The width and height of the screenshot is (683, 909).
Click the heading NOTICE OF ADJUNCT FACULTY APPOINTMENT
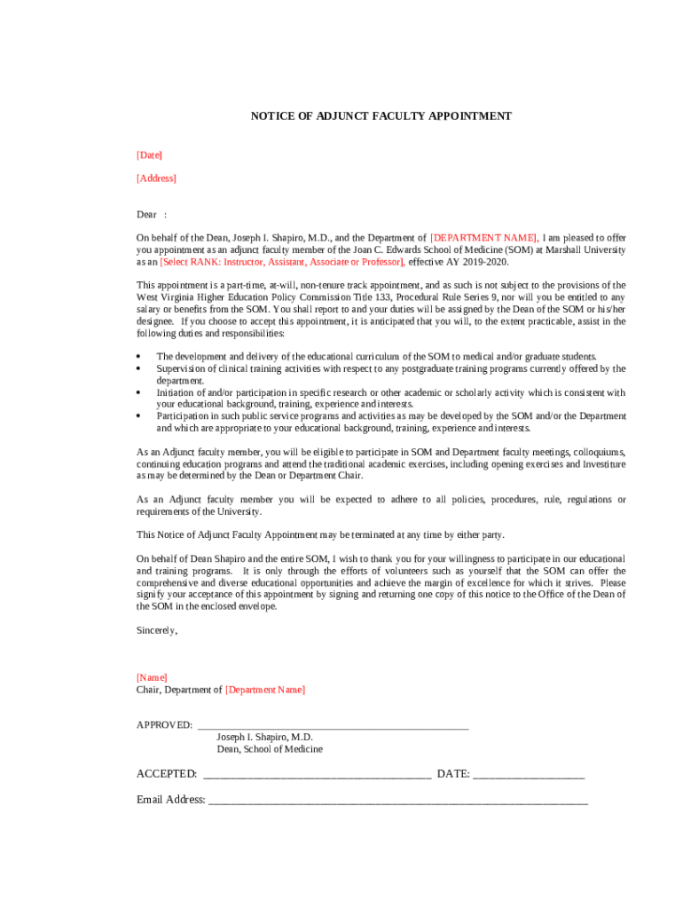coord(381,116)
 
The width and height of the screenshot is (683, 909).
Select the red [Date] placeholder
coord(149,155)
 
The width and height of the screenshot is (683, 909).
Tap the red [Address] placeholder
coord(156,178)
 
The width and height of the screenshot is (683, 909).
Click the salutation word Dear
coord(146,215)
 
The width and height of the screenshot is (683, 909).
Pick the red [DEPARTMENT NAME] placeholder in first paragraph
coord(483,238)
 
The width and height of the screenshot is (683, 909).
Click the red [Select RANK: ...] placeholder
coord(282,262)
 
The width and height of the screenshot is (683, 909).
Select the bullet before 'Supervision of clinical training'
coord(139,368)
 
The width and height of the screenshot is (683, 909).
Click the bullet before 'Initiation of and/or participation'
coord(139,392)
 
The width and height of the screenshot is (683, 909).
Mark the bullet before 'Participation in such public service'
coord(139,415)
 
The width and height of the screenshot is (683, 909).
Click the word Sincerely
coord(156,630)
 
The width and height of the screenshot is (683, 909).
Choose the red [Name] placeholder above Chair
coord(152,677)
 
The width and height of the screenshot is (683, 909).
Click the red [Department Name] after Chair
coord(265,690)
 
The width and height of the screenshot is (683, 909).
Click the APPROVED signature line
coord(333,725)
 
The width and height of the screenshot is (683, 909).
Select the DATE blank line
coord(529,774)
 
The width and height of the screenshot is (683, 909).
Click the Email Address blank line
coord(397,800)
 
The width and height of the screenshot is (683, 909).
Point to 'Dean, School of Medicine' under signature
coord(270,749)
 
